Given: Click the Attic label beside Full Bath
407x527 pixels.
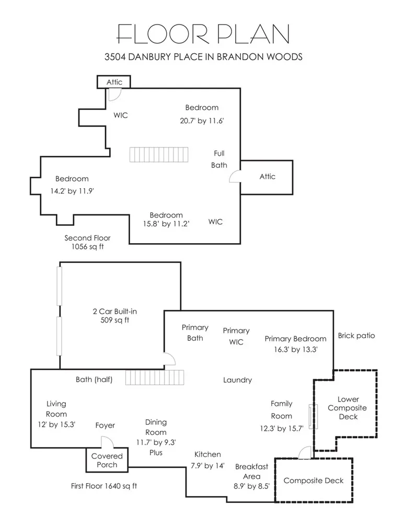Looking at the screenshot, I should (x=267, y=177).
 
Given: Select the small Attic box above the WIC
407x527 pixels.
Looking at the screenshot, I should (x=114, y=82).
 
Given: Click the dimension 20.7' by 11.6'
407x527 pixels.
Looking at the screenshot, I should (x=201, y=121).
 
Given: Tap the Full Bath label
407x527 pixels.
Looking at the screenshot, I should (x=219, y=159).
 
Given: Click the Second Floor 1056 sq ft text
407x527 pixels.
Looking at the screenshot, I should (x=87, y=242).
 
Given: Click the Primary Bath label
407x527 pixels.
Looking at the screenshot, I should (x=195, y=333).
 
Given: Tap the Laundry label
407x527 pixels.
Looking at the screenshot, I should (x=237, y=380).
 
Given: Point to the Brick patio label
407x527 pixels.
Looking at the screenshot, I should (x=356, y=336).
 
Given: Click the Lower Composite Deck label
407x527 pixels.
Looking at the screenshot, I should (x=348, y=408).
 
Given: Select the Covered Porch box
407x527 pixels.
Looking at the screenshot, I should (x=107, y=460).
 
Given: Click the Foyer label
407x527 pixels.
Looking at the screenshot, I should (x=105, y=426).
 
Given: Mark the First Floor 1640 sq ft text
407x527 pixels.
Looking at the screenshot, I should (x=104, y=486).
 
